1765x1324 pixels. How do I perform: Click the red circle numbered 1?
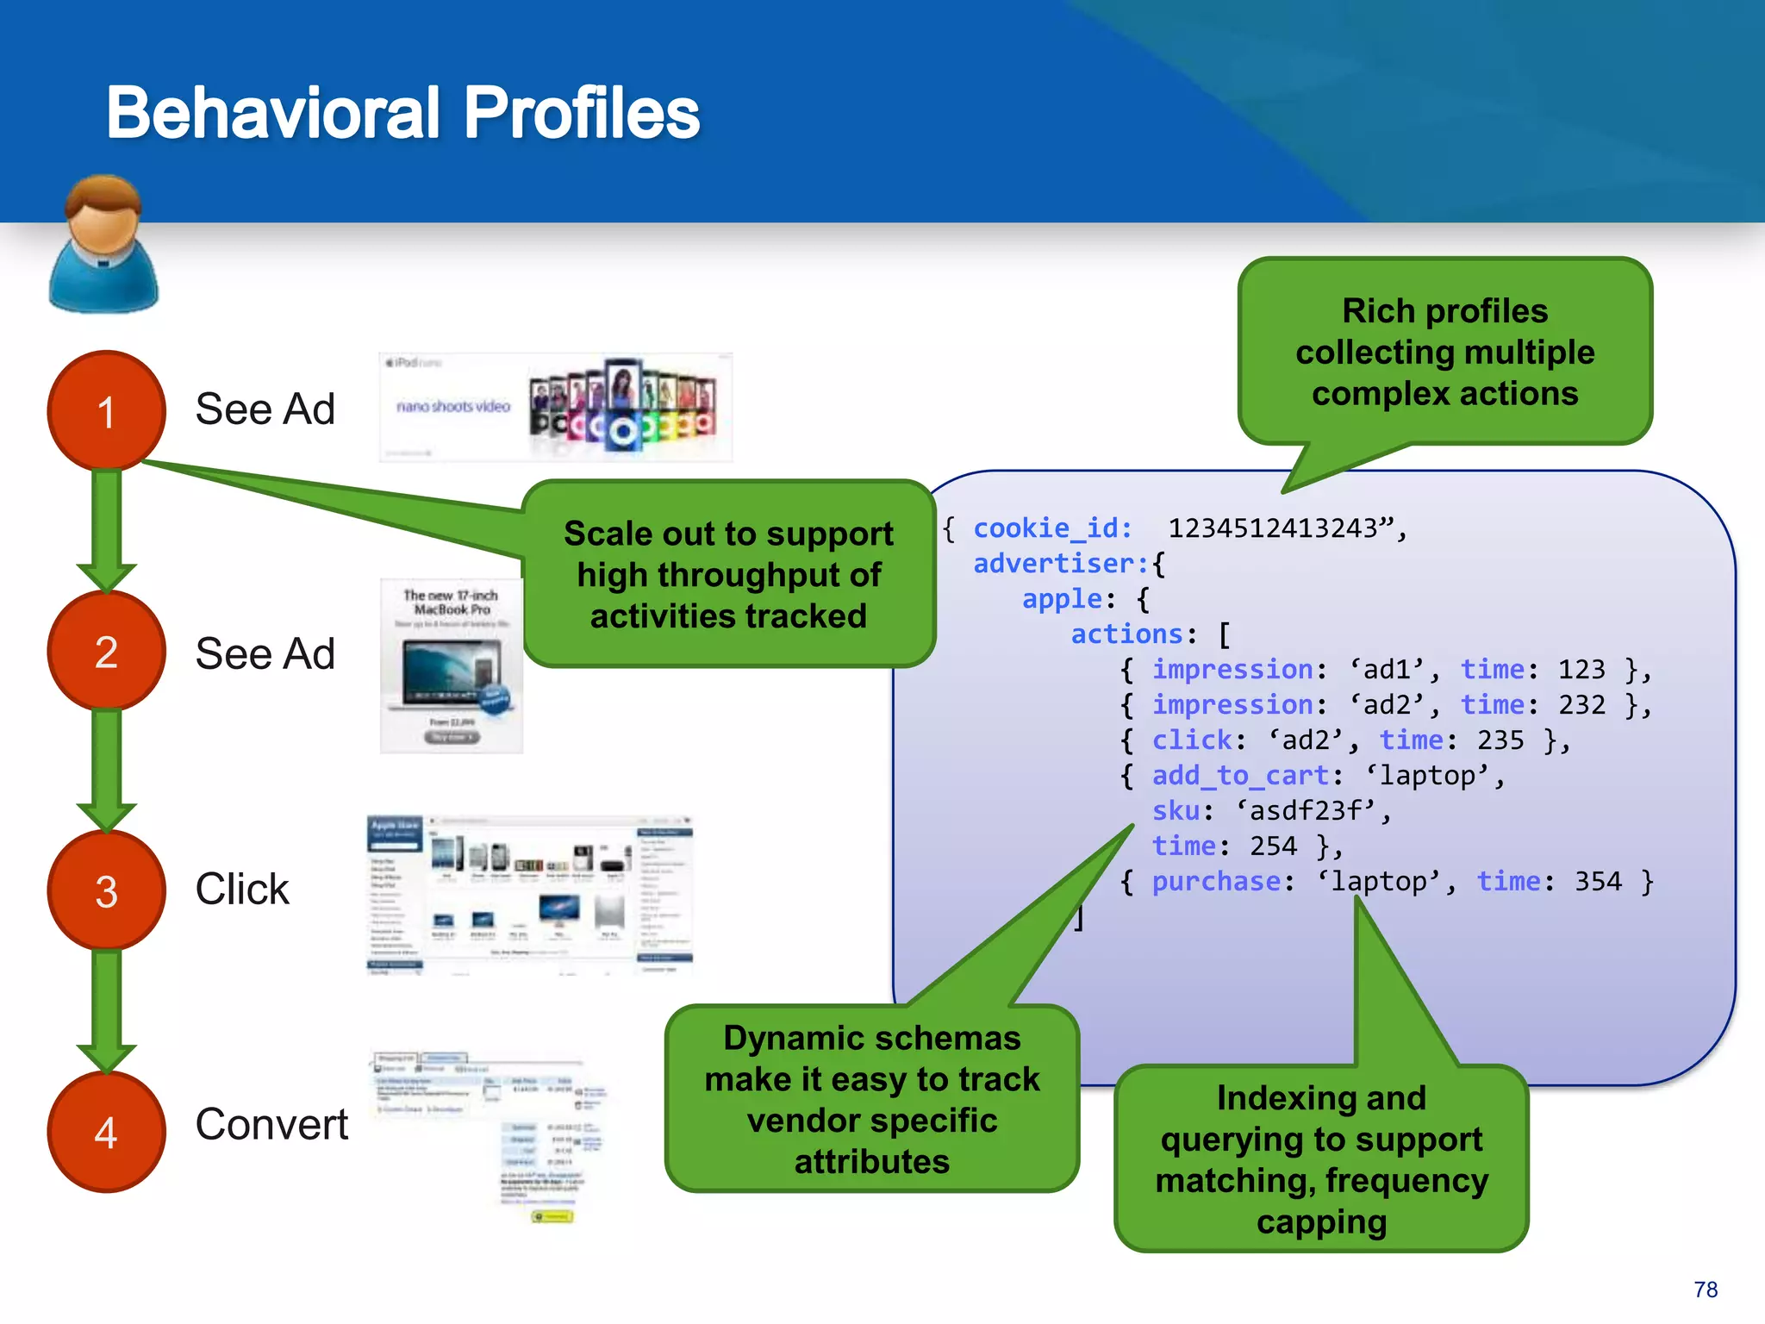(106, 410)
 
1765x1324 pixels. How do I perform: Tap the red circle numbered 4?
(106, 1131)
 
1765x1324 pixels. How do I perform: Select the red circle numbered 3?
(106, 890)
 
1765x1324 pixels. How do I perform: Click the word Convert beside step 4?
(271, 1124)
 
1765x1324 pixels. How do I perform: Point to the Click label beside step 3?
(242, 889)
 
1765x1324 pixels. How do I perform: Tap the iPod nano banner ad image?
(556, 407)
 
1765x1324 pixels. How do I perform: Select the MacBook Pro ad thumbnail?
(451, 665)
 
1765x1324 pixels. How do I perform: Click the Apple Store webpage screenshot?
(530, 895)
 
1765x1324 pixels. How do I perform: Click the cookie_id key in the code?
(1051, 528)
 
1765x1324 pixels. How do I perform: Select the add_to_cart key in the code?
(1239, 775)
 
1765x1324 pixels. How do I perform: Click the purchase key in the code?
(1216, 881)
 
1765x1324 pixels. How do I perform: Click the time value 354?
(1598, 881)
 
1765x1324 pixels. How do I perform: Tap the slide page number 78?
(1705, 1290)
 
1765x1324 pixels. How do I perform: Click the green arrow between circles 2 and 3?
(106, 763)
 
